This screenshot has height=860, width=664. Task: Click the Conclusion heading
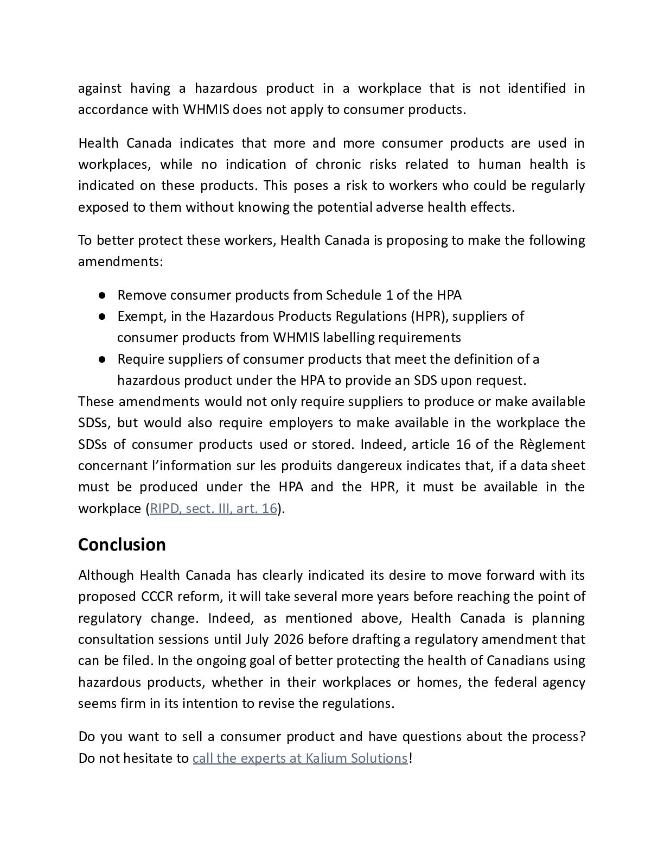point(122,545)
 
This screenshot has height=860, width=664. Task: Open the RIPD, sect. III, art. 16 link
point(213,509)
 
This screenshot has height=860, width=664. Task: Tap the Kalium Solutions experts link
point(299,758)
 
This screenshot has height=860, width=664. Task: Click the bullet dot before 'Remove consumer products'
point(102,295)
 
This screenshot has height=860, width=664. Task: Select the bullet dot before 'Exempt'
point(102,317)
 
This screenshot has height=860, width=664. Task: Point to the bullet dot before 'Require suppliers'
point(102,359)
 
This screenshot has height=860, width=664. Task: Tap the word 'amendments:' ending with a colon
point(120,262)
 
